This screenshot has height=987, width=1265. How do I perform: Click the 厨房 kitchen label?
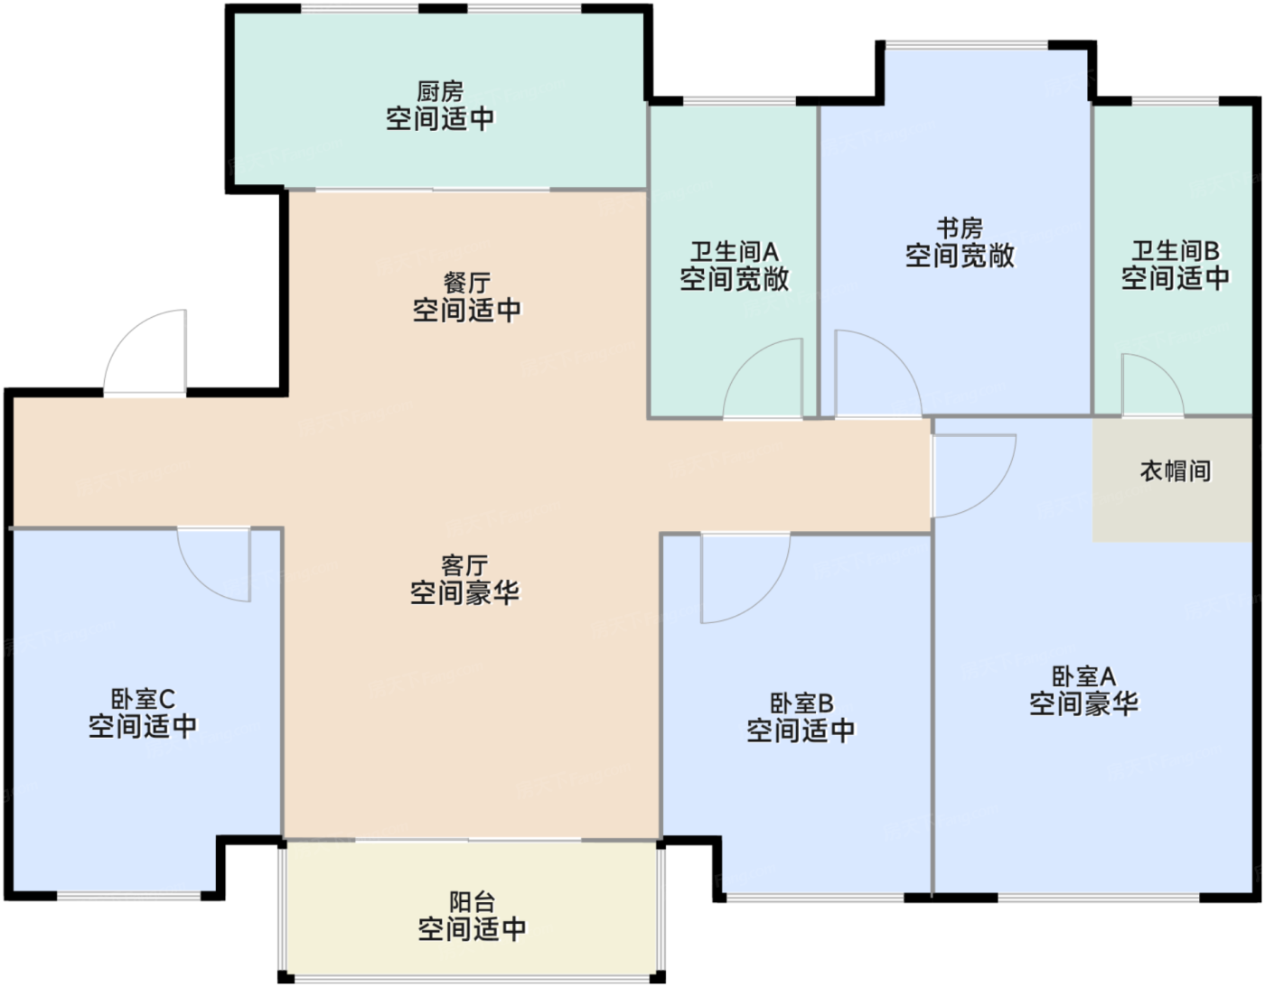[440, 91]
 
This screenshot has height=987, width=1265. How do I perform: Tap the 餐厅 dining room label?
[467, 284]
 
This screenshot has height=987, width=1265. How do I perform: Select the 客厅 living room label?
[464, 565]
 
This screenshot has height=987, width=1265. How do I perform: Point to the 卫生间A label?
[735, 252]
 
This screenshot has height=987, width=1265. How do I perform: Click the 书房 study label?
[960, 228]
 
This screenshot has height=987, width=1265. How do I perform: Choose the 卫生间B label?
[1176, 251]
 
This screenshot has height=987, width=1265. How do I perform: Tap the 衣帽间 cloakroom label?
[1176, 470]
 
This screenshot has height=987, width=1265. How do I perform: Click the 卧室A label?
[1083, 676]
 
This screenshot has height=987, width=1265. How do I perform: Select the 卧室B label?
[801, 703]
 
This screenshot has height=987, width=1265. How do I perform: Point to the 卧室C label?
[143, 699]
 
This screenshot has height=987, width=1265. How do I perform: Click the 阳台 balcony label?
[473, 902]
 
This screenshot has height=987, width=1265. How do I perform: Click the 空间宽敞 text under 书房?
[960, 256]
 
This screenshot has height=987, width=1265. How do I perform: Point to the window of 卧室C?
[128, 897]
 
